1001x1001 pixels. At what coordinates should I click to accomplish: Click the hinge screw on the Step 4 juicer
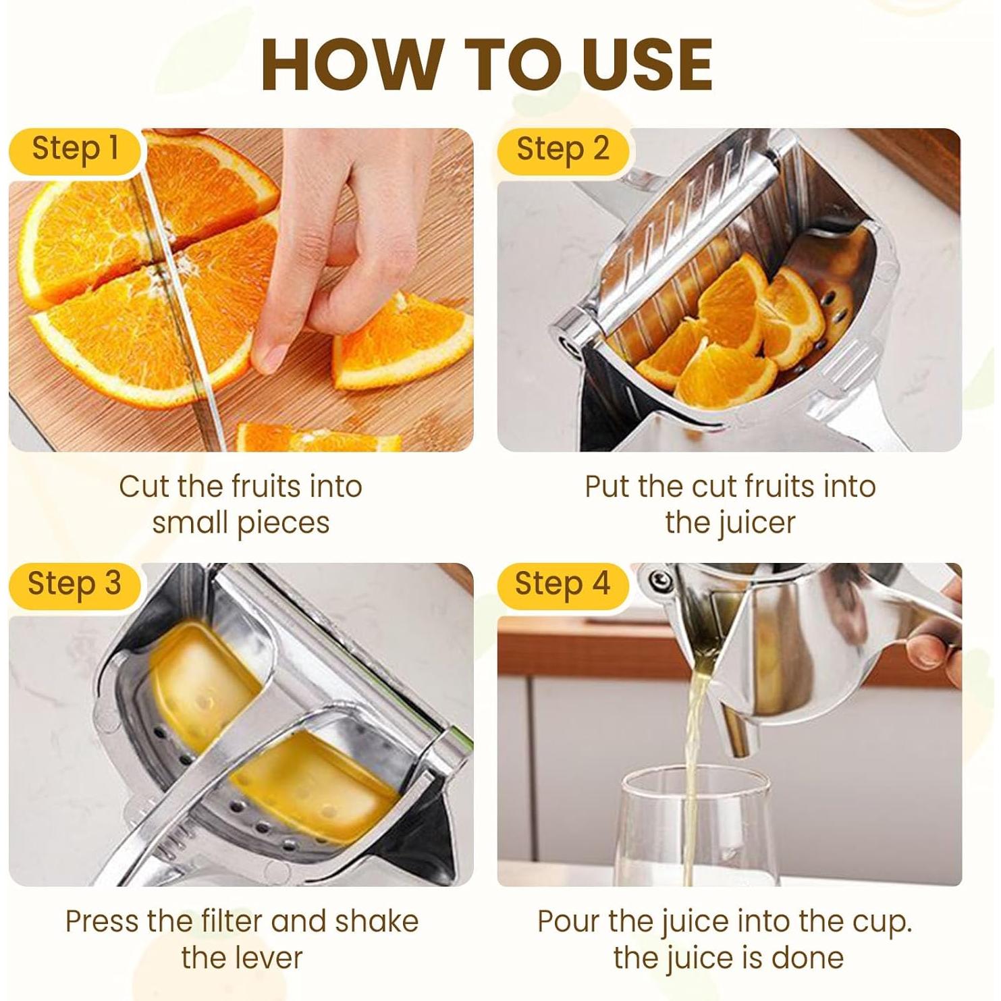click(x=659, y=579)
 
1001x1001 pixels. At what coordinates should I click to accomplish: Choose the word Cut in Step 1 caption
click(x=143, y=487)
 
